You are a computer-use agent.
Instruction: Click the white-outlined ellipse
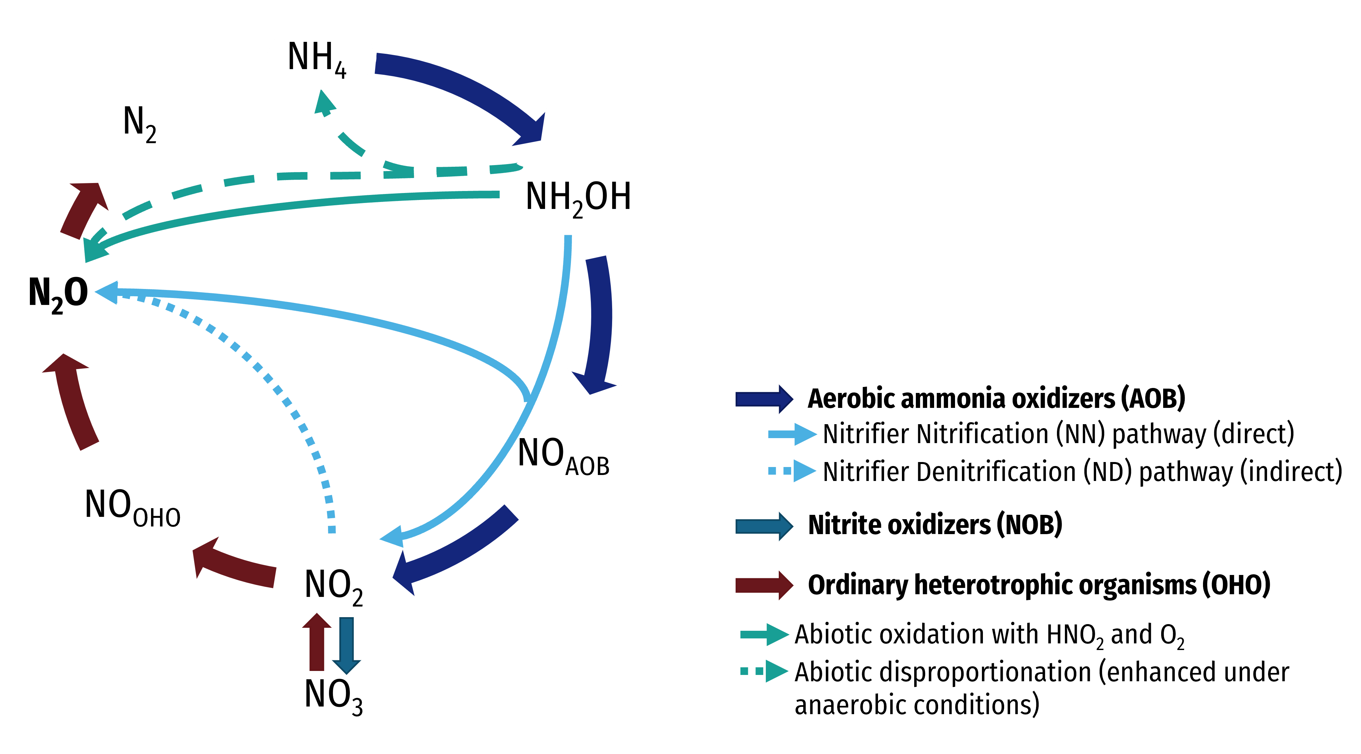[320, 56]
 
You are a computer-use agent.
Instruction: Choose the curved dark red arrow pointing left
[232, 566]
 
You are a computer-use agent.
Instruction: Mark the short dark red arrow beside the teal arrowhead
[85, 209]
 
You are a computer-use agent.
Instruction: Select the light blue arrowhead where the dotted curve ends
[107, 292]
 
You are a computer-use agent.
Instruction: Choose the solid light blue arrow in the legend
[792, 434]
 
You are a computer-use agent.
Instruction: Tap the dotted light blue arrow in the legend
[792, 471]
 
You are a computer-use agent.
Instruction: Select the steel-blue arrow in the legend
[764, 526]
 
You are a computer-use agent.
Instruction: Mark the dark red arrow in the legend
[764, 585]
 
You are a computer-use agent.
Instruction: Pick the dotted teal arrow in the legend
[764, 671]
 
